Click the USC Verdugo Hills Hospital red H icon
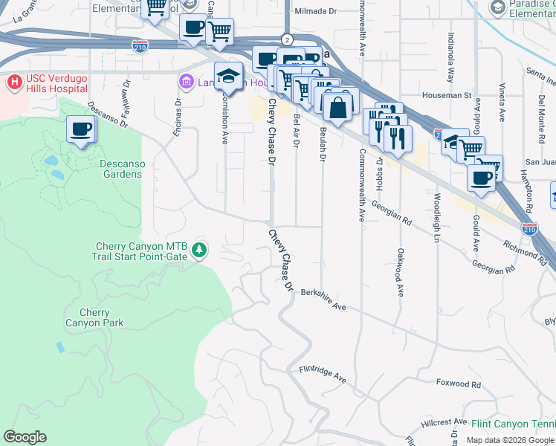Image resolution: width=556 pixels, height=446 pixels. [x=13, y=80]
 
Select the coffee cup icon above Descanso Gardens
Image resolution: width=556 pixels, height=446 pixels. [x=81, y=130]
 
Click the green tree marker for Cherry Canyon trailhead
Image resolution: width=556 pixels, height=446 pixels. [x=198, y=251]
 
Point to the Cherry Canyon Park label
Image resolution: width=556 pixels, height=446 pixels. [x=94, y=318]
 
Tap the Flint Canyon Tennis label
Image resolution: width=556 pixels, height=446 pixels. [x=513, y=424]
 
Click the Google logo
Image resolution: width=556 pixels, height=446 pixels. [x=25, y=437]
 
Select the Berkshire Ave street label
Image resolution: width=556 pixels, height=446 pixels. [x=324, y=300]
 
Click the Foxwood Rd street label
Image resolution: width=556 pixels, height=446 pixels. [x=459, y=384]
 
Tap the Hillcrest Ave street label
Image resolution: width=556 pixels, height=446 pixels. [x=449, y=421]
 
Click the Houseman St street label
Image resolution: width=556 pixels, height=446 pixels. [x=448, y=95]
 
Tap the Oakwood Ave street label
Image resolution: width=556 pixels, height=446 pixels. [x=400, y=273]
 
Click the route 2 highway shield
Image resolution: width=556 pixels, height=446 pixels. [x=286, y=39]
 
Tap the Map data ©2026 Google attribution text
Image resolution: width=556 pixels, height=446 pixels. [x=509, y=440]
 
